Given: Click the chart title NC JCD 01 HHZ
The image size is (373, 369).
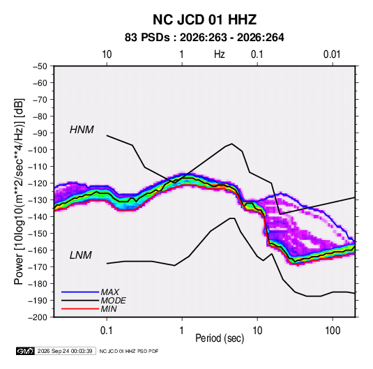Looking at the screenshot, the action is (x=204, y=20).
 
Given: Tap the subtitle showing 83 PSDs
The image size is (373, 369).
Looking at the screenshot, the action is (x=204, y=38).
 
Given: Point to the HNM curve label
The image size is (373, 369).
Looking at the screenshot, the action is (x=82, y=130).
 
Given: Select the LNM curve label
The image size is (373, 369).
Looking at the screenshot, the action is (x=81, y=255).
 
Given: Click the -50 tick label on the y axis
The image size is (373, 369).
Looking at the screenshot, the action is (x=40, y=66).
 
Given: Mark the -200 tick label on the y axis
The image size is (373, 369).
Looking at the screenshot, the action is (x=38, y=317).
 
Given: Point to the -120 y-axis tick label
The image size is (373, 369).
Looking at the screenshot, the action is (x=38, y=183).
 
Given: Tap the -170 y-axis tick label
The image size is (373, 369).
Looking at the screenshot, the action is (x=38, y=267).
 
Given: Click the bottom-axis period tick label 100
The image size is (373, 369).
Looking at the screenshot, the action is (x=333, y=331).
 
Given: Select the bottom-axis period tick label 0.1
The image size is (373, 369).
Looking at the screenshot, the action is (x=107, y=331).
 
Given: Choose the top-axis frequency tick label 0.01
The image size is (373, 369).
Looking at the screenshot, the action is (x=332, y=54).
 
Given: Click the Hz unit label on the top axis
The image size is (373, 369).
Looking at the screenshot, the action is (x=220, y=54).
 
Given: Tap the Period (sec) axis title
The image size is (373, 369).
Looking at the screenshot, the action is (x=220, y=338).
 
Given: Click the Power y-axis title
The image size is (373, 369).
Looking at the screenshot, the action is (x=19, y=192).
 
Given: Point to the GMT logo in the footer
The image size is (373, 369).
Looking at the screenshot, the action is (x=25, y=351).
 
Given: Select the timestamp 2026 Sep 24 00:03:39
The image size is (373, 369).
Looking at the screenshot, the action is (x=65, y=351).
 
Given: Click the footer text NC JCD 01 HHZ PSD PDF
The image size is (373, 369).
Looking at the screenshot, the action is (x=129, y=351).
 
